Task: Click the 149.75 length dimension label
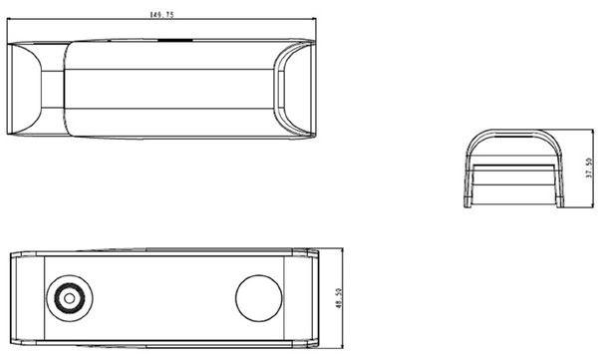click(161, 15)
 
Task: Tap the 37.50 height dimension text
click(589, 168)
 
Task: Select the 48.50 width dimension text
click(339, 298)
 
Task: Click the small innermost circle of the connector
click(70, 298)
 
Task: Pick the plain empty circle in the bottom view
click(258, 298)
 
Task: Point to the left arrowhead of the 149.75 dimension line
click(10, 18)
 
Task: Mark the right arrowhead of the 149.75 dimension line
click(313, 18)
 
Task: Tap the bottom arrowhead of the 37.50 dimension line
click(593, 205)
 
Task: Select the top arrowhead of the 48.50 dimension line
click(343, 251)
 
